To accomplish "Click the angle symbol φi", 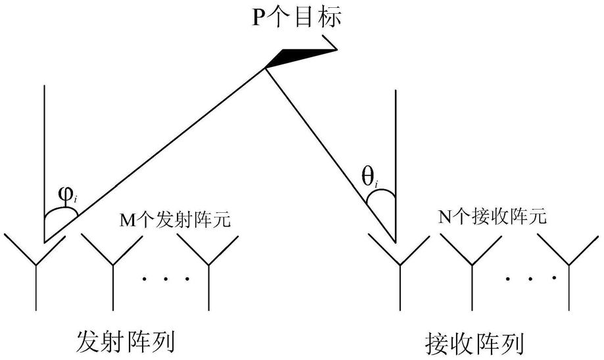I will [x=67, y=196].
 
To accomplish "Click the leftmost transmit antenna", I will [x=35, y=269].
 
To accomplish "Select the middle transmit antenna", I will [x=113, y=269].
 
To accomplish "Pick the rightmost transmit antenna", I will [x=209, y=269].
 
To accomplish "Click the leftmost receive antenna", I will [x=399, y=269].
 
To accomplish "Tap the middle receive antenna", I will [x=472, y=269].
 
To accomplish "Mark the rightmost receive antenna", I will [x=569, y=269].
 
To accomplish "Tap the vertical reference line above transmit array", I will [x=44, y=145].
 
